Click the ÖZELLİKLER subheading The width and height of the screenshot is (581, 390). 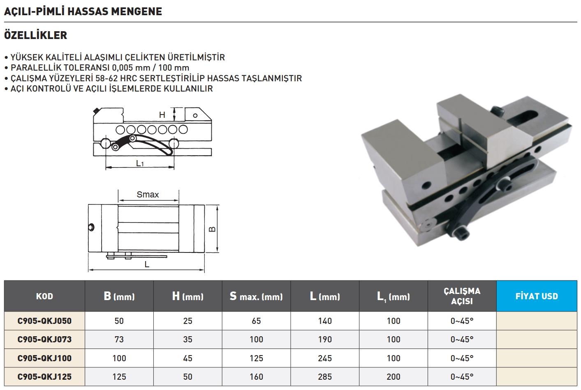coord(35,35)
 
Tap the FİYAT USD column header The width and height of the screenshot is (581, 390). coord(537,296)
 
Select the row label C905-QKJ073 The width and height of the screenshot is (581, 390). coord(44,340)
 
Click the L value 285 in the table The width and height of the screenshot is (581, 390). coord(325,376)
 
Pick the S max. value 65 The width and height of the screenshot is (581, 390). coord(256,321)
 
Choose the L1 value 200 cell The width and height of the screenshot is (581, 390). coord(394,376)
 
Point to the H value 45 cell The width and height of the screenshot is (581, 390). coord(187,358)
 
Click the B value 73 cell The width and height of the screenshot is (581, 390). coord(119,340)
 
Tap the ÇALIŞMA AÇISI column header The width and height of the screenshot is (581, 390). coord(462,296)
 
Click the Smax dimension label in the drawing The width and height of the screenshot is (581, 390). coord(148,195)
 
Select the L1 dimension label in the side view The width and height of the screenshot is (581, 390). coord(140,163)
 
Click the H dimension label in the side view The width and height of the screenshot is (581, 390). coord(162,115)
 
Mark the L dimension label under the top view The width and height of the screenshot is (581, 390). coord(147,265)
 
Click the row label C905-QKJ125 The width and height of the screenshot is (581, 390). coord(44,376)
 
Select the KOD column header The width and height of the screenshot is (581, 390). coord(44,296)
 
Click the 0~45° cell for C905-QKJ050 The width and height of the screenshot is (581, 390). coord(462,321)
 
